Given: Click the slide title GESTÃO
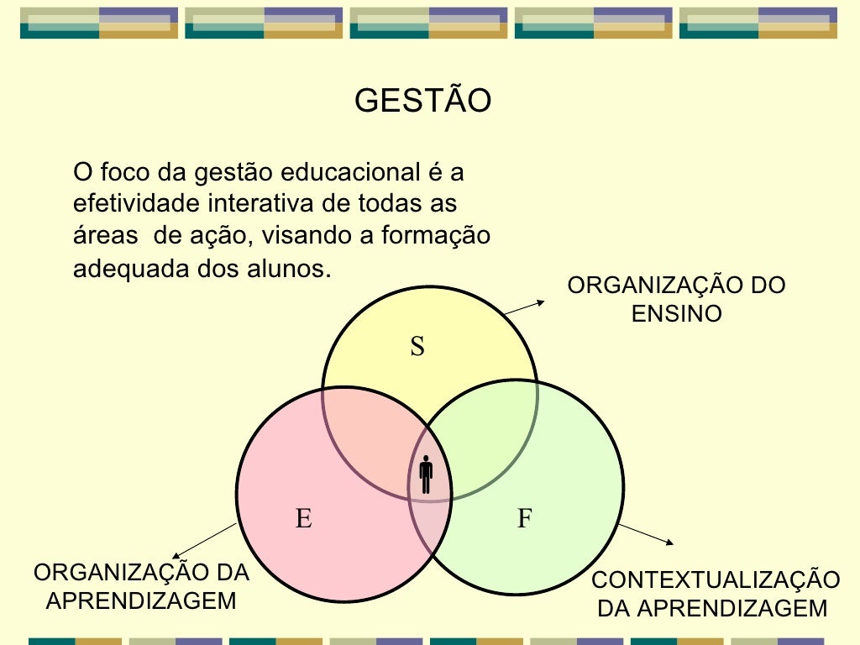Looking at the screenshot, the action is point(422,102).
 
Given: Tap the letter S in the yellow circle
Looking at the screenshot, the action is point(417,347).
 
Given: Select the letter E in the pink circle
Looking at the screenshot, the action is point(303,519).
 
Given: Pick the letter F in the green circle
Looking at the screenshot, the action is point(525,519).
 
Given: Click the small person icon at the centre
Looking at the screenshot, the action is point(426,475).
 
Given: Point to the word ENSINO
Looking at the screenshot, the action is point(676,314).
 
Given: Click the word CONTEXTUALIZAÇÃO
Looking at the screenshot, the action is point(716,580).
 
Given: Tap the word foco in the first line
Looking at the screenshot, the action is point(123,173).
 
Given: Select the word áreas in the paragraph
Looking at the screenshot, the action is point(105,236).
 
